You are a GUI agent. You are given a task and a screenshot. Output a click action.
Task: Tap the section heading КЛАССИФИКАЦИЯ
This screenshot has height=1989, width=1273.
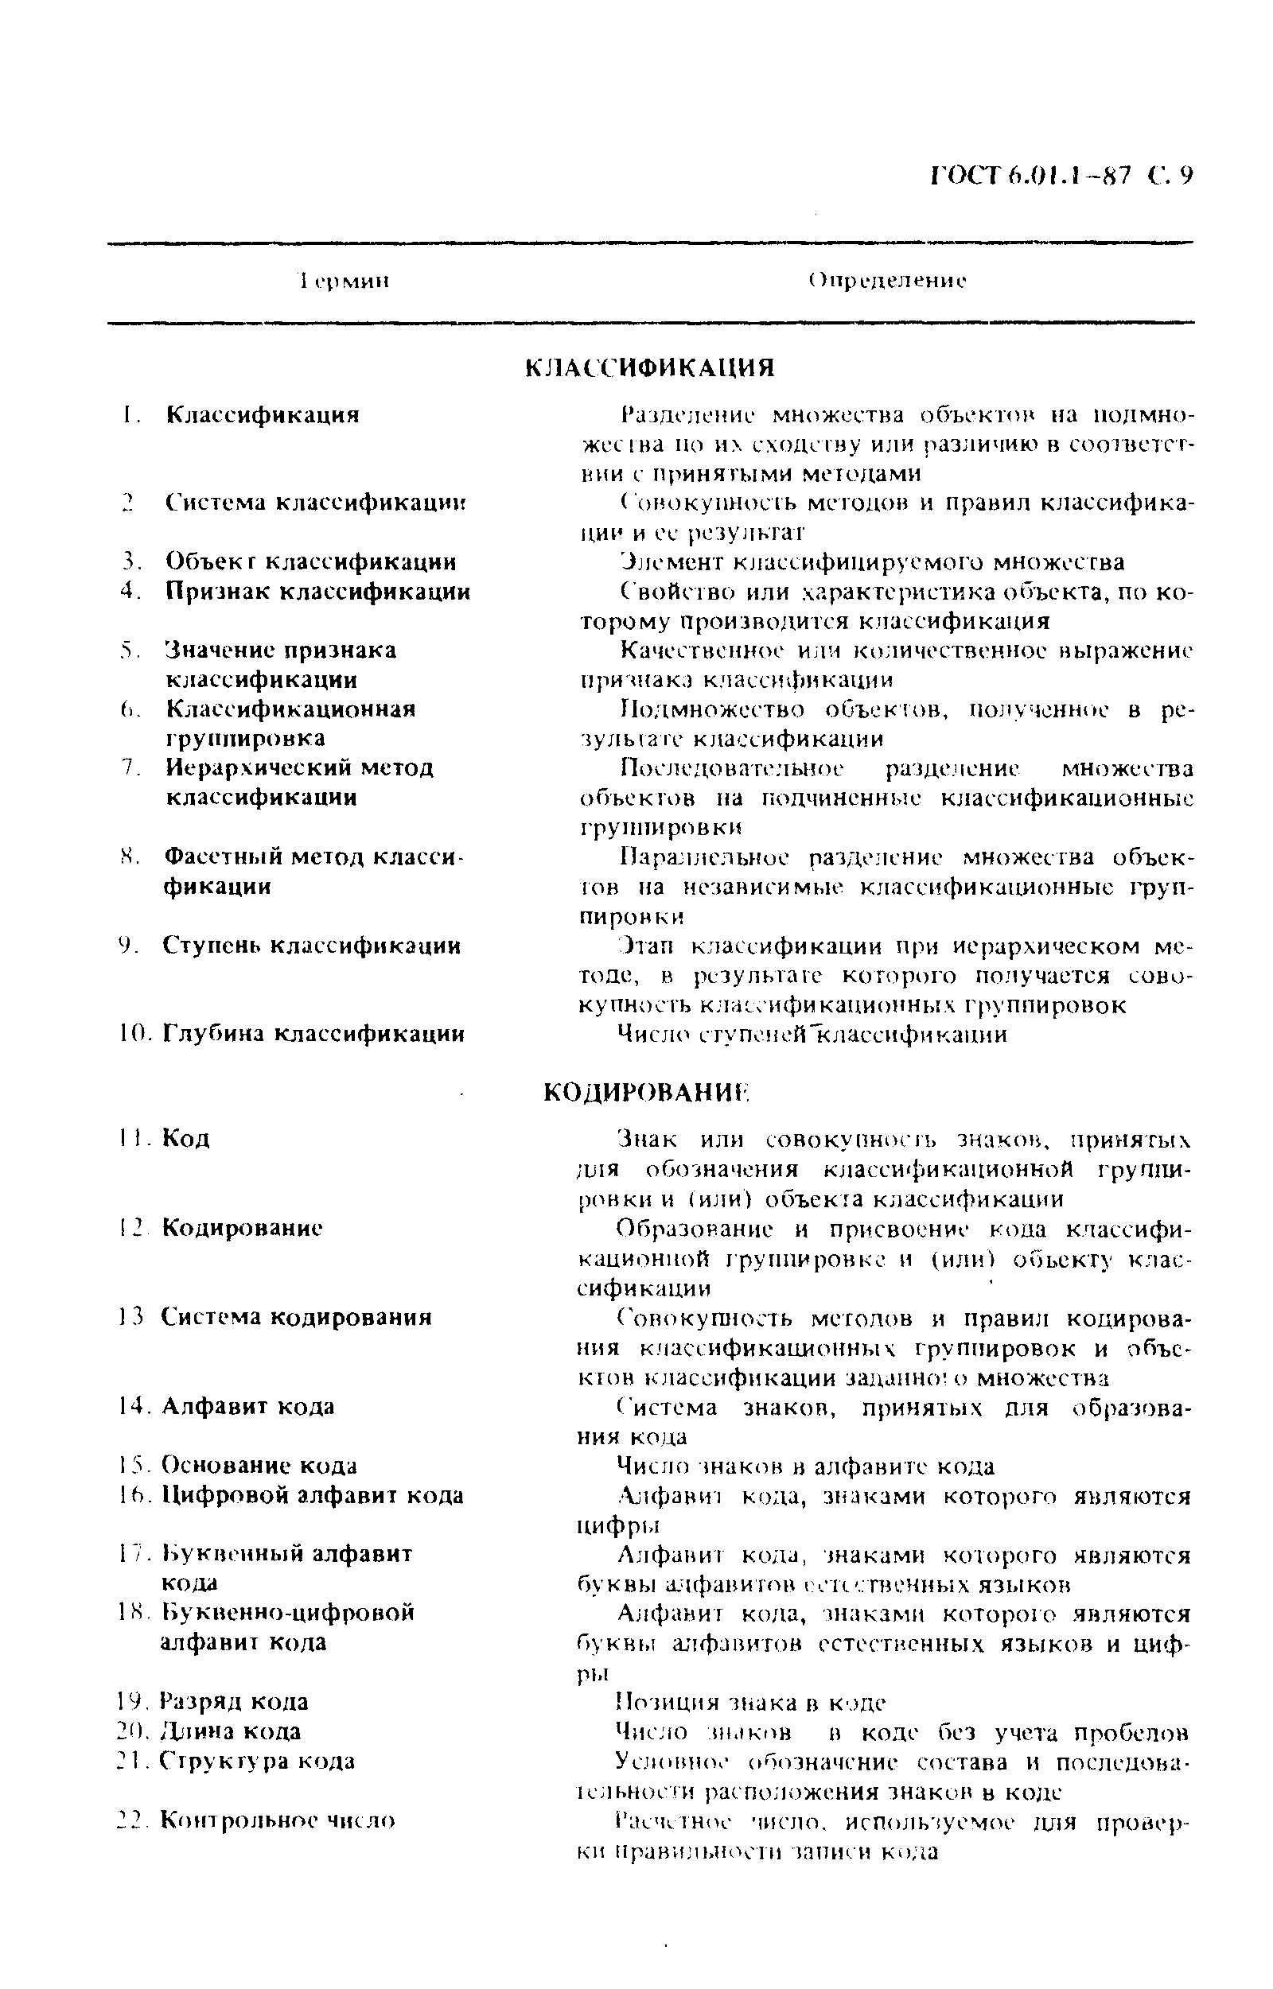[650, 367]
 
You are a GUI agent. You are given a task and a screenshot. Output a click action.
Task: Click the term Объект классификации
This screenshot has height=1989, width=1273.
[311, 562]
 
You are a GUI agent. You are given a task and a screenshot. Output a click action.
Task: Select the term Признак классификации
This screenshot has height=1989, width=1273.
[317, 592]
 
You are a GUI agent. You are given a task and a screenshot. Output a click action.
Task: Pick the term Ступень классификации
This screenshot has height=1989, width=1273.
[312, 946]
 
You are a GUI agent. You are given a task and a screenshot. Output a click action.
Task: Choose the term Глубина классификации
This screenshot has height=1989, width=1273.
[313, 1034]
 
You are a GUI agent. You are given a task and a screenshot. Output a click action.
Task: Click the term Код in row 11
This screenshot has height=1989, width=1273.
[186, 1139]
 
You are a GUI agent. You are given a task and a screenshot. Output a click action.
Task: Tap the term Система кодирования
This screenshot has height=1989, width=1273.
[296, 1316]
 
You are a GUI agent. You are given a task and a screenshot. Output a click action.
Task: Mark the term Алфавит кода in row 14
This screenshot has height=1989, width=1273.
[248, 1405]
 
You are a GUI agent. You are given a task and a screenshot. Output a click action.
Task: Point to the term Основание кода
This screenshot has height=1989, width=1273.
[259, 1465]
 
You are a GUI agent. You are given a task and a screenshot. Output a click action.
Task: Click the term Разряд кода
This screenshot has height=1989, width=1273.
[234, 1701]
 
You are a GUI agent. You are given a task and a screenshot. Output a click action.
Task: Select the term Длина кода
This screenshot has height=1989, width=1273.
[231, 1731]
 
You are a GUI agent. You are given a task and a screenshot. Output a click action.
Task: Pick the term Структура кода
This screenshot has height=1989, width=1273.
[257, 1761]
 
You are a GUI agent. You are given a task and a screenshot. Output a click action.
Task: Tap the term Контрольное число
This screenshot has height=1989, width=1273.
[277, 1820]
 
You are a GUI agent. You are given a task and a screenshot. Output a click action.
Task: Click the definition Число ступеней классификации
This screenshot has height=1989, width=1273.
[812, 1035]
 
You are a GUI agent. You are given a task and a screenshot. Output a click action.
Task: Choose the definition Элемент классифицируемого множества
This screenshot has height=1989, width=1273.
[872, 563]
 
